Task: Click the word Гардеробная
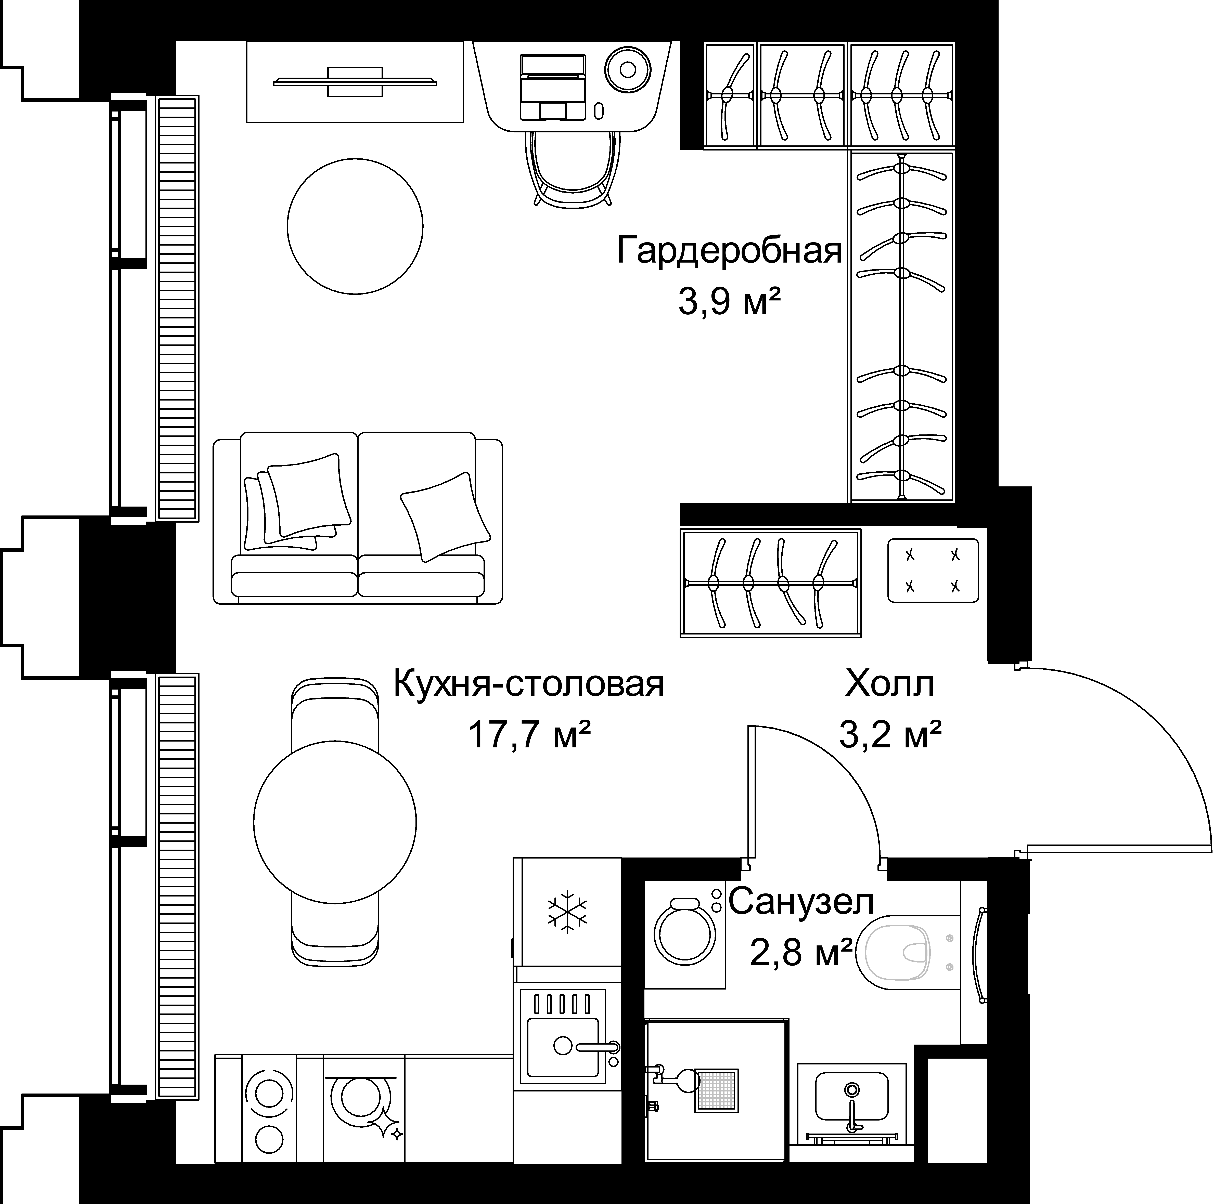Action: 729,250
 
